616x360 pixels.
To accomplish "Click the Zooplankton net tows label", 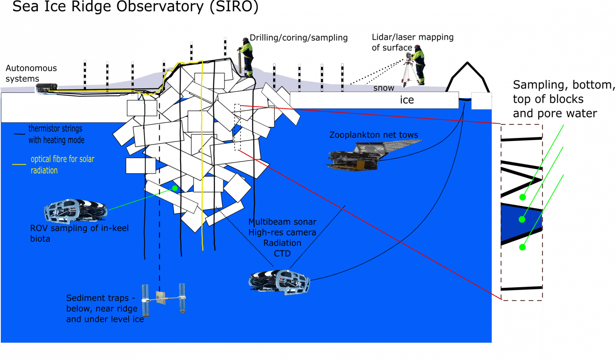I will pyautogui.click(x=374, y=135).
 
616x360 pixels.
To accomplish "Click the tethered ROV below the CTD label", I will pyautogui.click(x=279, y=282).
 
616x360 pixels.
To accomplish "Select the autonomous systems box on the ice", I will pyautogui.click(x=46, y=88).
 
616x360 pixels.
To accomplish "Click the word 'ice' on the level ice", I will pyautogui.click(x=407, y=100).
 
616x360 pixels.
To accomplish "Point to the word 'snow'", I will pyautogui.click(x=383, y=88).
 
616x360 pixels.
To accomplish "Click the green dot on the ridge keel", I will pyautogui.click(x=175, y=188).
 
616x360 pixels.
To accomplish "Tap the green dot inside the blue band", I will pyautogui.click(x=522, y=219).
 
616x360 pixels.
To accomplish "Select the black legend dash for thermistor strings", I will pyautogui.click(x=19, y=134).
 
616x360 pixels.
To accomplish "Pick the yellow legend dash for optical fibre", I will pyautogui.click(x=19, y=164).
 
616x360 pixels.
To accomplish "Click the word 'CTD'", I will pyautogui.click(x=282, y=254).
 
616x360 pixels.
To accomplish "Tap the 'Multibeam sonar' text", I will pyautogui.click(x=282, y=222).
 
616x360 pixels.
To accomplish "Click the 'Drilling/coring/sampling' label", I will pyautogui.click(x=299, y=38).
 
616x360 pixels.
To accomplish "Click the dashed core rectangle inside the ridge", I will pyautogui.click(x=237, y=127).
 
